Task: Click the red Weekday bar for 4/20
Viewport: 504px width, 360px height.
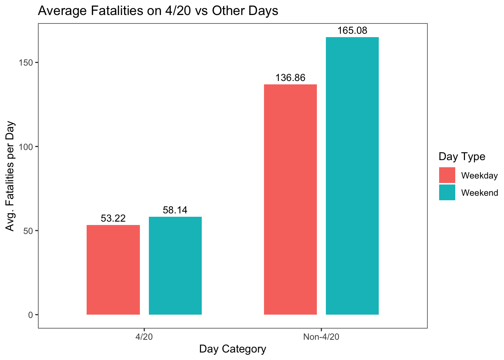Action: coord(113,270)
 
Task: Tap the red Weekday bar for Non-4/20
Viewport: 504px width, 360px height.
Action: coord(290,199)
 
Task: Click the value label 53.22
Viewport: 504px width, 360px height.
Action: coord(113,218)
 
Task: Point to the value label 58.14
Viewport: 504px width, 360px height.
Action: coord(175,210)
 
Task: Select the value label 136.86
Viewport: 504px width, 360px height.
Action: coord(290,78)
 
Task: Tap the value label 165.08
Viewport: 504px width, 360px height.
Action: coord(352,31)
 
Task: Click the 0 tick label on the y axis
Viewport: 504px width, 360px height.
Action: coord(30,315)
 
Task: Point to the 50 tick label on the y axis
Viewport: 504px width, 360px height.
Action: coord(28,231)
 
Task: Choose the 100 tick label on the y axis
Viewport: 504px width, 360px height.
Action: coord(26,147)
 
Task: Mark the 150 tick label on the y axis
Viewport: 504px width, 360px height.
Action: coord(26,63)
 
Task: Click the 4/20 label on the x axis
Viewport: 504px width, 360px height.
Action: coord(144,337)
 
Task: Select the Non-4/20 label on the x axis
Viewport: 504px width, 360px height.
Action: coord(321,337)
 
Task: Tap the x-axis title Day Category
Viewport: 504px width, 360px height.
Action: coord(232,349)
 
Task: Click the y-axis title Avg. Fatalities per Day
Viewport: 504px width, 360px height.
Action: coord(10,176)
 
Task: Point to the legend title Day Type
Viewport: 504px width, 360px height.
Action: coord(462,156)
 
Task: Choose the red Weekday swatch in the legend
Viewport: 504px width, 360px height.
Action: coord(447,175)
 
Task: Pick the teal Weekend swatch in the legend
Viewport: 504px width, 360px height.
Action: coord(447,192)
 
